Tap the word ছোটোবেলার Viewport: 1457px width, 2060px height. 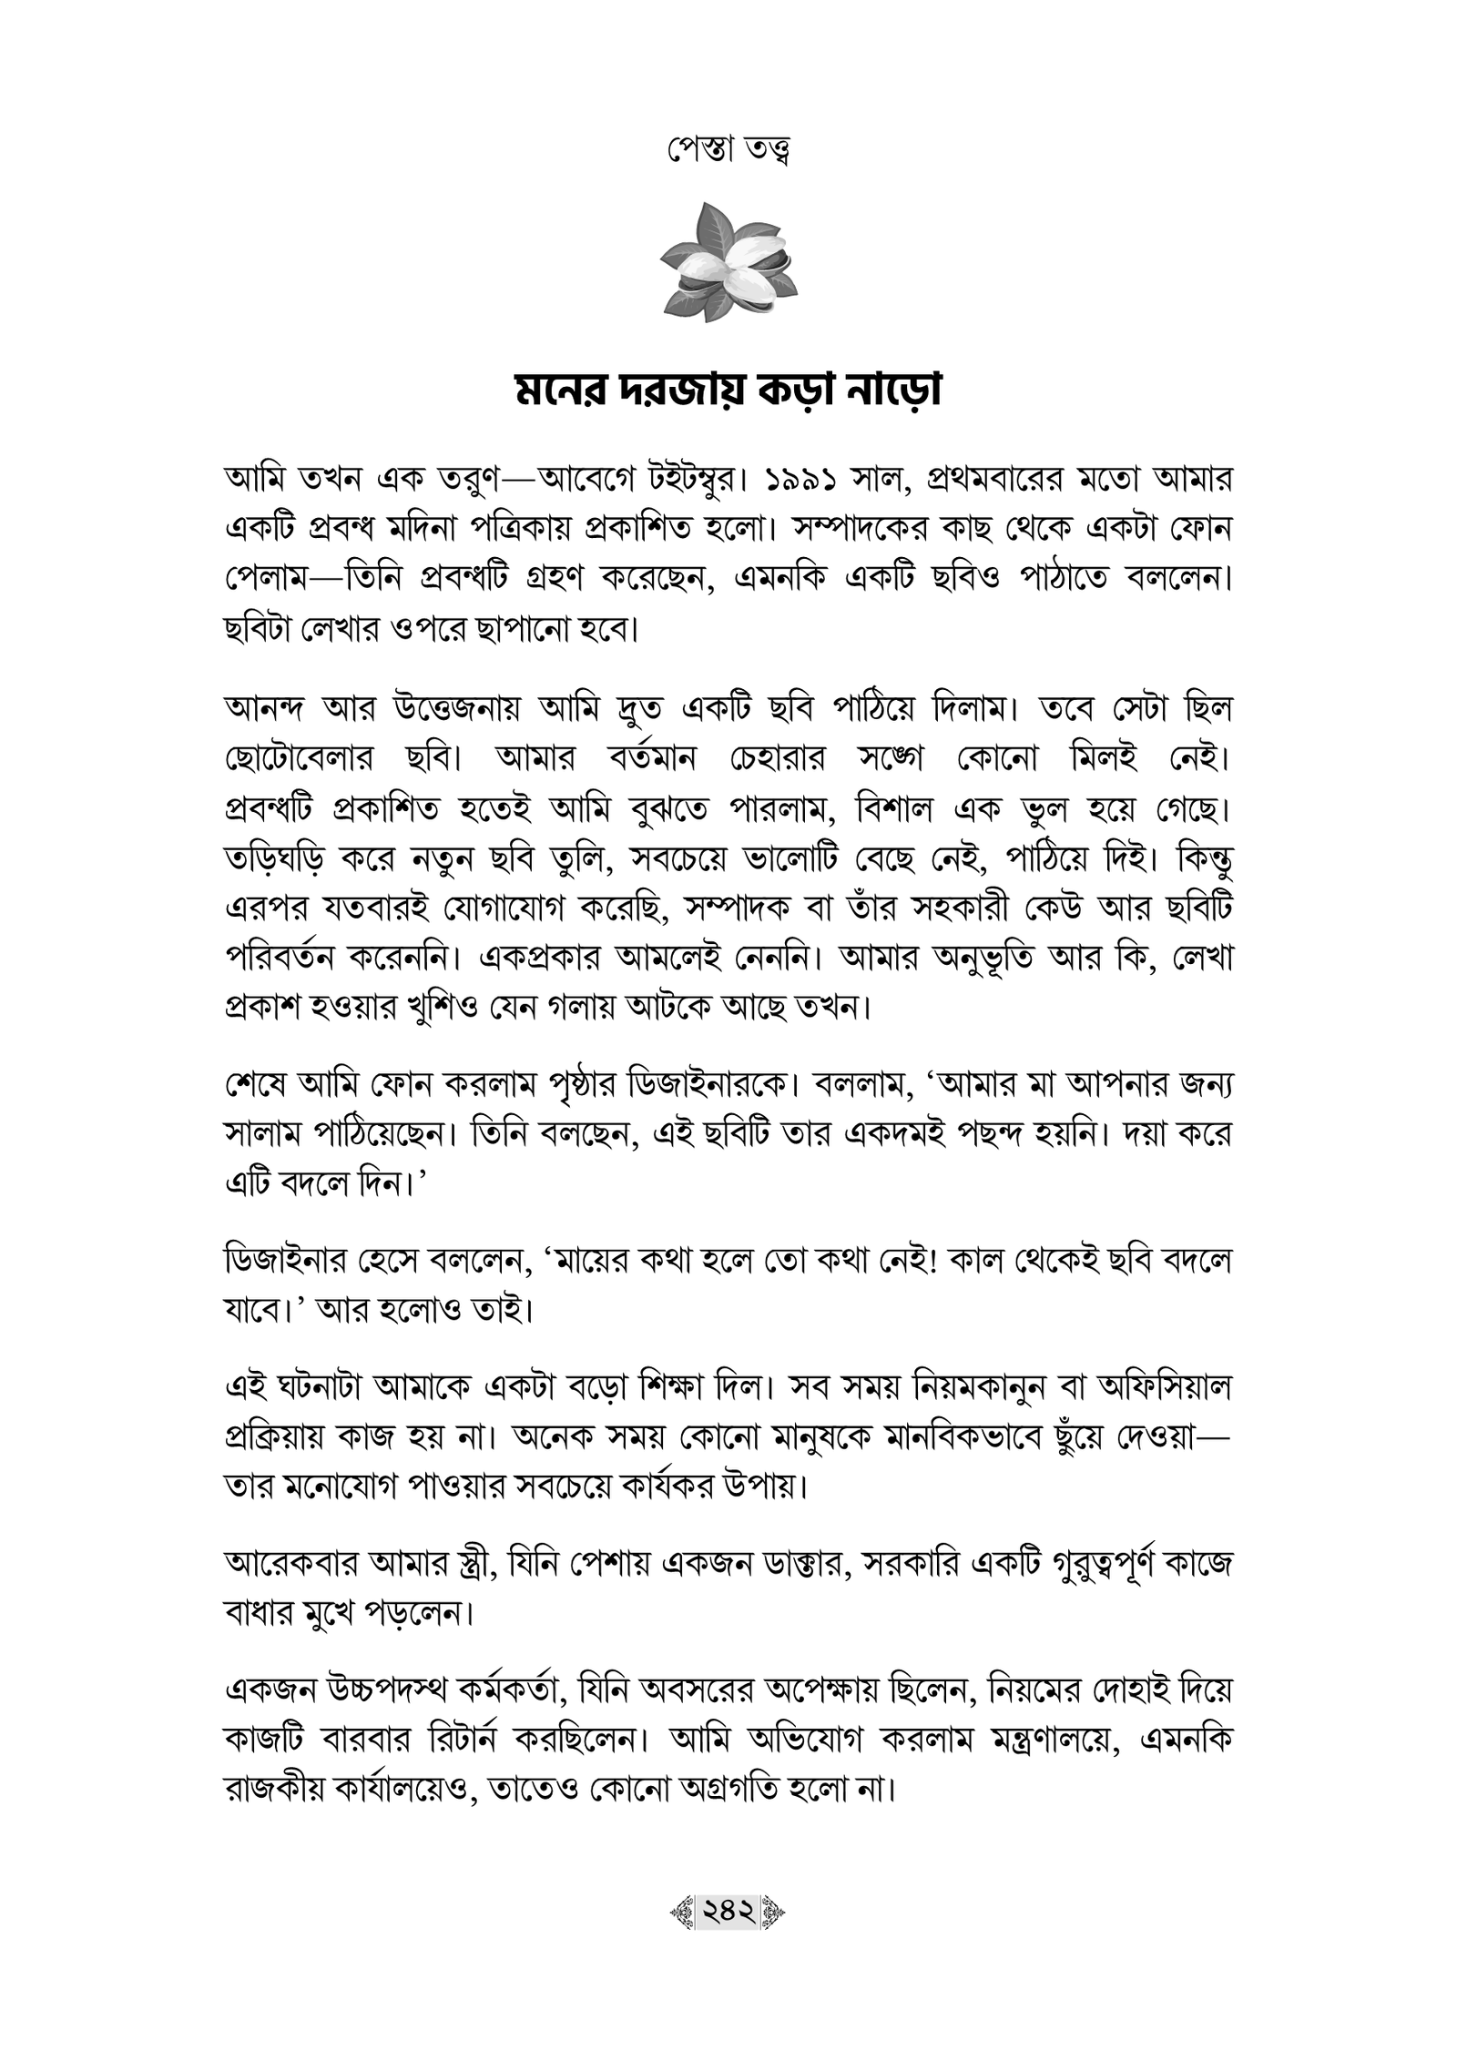click(301, 759)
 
